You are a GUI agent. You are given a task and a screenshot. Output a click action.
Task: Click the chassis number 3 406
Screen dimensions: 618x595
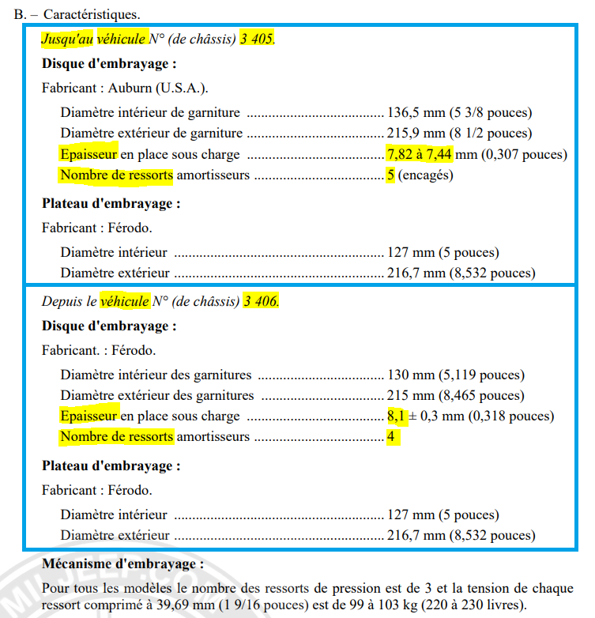coord(262,301)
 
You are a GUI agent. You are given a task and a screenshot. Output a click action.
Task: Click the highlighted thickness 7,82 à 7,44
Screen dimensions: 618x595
coord(419,154)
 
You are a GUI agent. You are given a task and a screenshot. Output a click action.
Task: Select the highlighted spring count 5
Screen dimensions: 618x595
coord(390,175)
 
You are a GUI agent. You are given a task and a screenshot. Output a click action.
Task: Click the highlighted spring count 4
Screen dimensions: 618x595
coord(391,436)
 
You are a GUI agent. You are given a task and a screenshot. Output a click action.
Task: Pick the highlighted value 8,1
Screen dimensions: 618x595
coord(395,416)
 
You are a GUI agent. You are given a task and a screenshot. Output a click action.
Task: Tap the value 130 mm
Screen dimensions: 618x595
coord(408,375)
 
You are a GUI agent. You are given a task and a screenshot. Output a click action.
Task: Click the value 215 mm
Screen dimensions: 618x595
coord(408,395)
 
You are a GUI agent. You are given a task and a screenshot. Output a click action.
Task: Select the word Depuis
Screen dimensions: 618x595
coord(61,301)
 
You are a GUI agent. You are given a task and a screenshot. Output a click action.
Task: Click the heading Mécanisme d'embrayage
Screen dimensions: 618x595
coord(122,564)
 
